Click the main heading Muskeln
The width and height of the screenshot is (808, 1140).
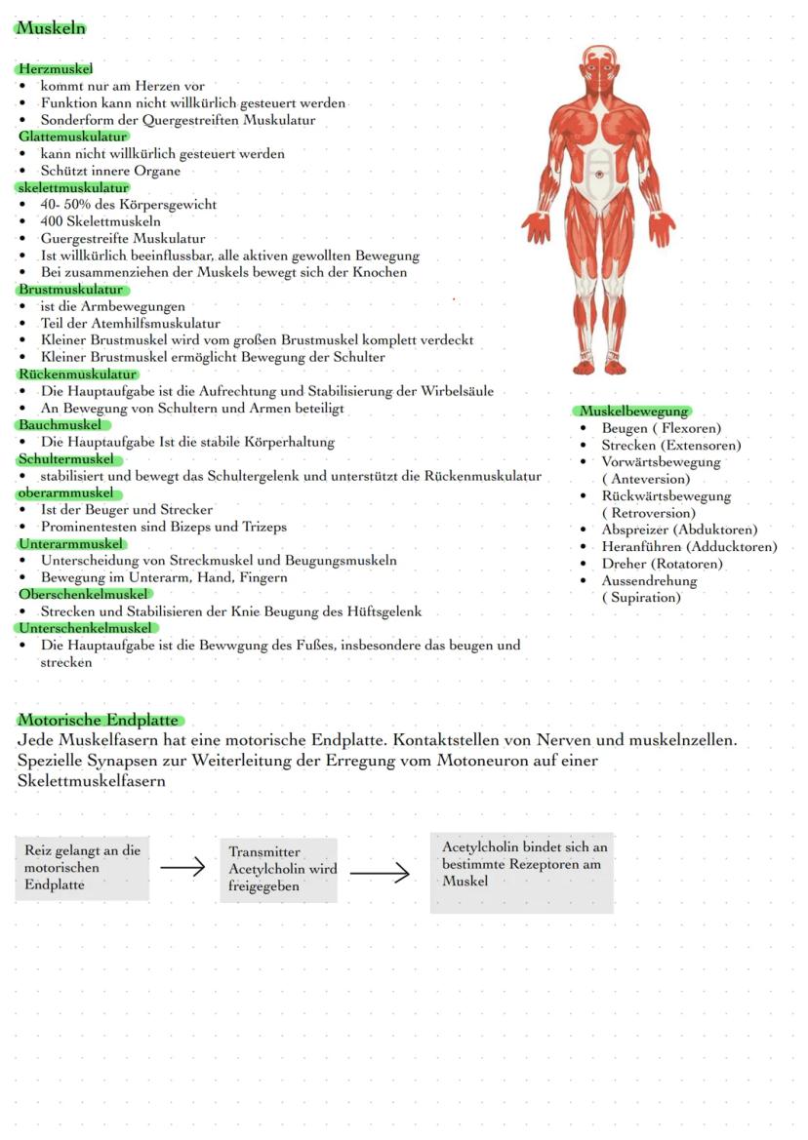pos(51,28)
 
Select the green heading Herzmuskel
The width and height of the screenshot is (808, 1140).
pos(56,69)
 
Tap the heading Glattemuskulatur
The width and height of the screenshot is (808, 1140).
pos(73,137)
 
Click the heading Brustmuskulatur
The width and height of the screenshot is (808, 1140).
pos(71,290)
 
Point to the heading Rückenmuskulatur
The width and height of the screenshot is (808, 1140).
pos(77,374)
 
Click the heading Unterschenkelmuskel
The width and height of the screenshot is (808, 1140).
pos(86,628)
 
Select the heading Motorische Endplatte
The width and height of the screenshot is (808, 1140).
pos(99,721)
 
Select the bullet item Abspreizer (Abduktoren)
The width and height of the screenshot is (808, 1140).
pos(679,530)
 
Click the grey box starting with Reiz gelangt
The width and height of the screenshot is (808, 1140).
pos(83,867)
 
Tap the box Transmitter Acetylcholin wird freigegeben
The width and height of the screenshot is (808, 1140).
pos(279,869)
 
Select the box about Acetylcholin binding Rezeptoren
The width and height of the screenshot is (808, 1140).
pos(522,872)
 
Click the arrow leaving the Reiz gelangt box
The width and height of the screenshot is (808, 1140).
pos(182,867)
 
